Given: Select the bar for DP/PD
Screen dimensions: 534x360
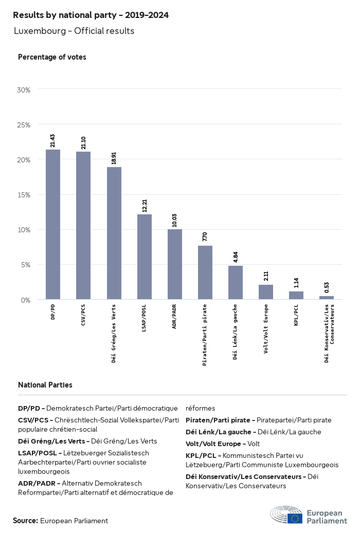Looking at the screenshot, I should click(53, 224).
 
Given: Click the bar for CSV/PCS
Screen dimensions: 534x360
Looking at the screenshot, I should click(83, 225).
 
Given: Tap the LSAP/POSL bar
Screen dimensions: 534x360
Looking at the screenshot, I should click(144, 256).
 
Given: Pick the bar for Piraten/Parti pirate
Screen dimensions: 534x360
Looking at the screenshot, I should click(205, 272).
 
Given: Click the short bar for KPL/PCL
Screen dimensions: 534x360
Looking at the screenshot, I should click(296, 295).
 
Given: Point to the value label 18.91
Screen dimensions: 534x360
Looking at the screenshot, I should click(114, 157).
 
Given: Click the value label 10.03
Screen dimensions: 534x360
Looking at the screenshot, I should click(175, 220).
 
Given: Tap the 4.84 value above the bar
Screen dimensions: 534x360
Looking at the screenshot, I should click(236, 257).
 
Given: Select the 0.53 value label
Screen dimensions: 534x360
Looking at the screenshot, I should click(327, 287).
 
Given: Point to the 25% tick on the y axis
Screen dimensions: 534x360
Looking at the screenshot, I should click(24, 125).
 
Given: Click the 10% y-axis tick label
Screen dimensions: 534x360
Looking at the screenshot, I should click(24, 230).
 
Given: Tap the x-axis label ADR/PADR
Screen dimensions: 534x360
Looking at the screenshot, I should click(175, 318).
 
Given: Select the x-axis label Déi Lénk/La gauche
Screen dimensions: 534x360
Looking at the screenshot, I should click(236, 332).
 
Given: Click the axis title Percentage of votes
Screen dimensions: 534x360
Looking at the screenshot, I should click(52, 57).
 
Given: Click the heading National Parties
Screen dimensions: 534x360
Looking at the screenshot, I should click(45, 385).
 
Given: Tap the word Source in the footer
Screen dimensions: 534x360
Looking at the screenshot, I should click(25, 521).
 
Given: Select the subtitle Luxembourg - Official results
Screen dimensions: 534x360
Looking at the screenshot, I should click(74, 31).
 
